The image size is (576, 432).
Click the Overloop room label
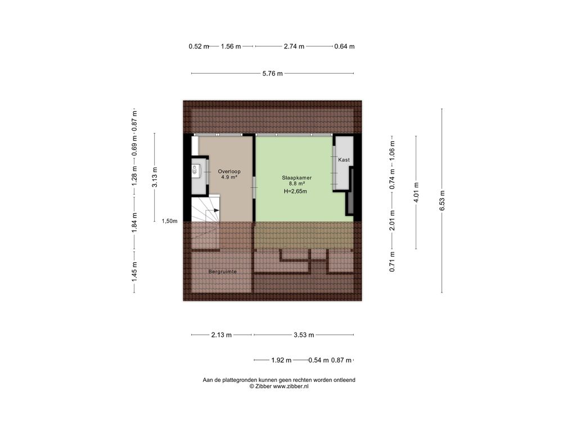pyautogui.click(x=229, y=172)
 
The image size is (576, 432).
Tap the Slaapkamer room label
pyautogui.click(x=297, y=178)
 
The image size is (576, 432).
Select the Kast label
pyautogui.click(x=344, y=160)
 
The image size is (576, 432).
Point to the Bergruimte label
pyautogui.click(x=223, y=272)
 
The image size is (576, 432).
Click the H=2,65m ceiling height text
pyautogui.click(x=295, y=191)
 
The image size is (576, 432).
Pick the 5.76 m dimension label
pyautogui.click(x=273, y=74)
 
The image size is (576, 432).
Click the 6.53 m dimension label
pyautogui.click(x=442, y=201)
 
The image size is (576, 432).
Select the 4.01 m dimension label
pyautogui.click(x=417, y=192)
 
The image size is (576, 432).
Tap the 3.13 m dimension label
pyautogui.click(x=155, y=177)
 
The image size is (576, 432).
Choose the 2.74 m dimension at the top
pyautogui.click(x=294, y=46)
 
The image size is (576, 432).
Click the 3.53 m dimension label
pyautogui.click(x=304, y=335)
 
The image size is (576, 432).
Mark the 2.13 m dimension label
pyautogui.click(x=222, y=335)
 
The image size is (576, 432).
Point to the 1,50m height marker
pyautogui.click(x=170, y=221)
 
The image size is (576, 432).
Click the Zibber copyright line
pyautogui.click(x=279, y=386)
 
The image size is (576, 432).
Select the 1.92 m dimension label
pyautogui.click(x=281, y=361)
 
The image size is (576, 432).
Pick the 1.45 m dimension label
pyautogui.click(x=134, y=272)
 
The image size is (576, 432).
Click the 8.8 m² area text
pyautogui.click(x=297, y=184)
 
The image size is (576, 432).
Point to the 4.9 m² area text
pyautogui.click(x=229, y=177)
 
